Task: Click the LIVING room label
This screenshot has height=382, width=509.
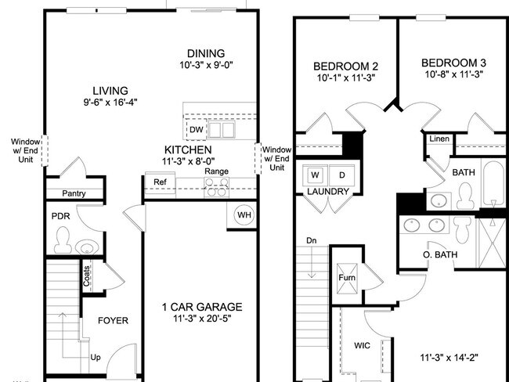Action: (x=110, y=91)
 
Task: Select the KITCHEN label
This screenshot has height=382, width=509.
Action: (x=188, y=150)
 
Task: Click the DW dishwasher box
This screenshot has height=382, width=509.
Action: (x=196, y=129)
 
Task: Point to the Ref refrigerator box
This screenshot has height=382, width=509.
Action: (x=160, y=182)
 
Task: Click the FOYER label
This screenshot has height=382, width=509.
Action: (x=112, y=321)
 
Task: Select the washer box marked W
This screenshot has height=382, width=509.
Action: (x=316, y=174)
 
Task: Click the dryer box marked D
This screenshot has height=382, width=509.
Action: (x=342, y=174)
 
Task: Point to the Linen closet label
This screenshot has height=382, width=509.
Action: (x=438, y=139)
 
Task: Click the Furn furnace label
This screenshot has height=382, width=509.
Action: (x=346, y=278)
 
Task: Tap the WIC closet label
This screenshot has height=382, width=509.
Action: (x=363, y=344)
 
